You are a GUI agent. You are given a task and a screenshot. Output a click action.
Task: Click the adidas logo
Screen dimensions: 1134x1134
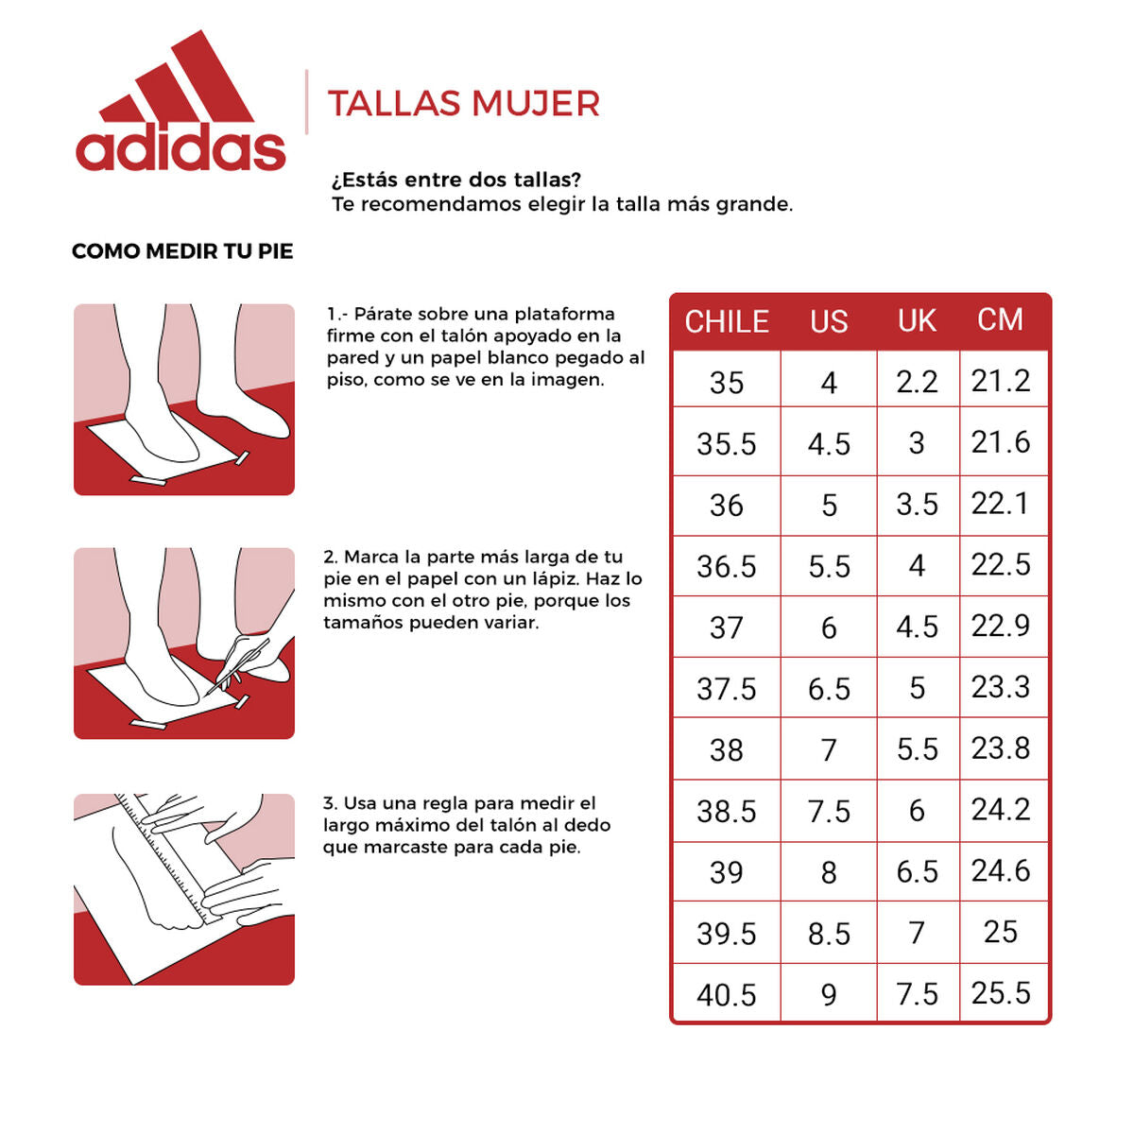click(180, 104)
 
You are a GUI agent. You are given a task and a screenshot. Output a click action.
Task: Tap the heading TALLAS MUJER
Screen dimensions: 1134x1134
click(463, 104)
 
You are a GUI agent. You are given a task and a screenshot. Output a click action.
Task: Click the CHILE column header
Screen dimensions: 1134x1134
click(727, 322)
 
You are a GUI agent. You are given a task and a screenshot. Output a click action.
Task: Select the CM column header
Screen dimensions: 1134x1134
click(1000, 320)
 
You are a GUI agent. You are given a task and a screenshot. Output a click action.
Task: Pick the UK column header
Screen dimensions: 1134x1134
click(917, 321)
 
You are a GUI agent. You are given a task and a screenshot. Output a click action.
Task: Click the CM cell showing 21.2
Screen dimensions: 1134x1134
click(1001, 381)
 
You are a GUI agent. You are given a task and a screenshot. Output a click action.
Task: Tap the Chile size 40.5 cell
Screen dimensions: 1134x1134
click(727, 994)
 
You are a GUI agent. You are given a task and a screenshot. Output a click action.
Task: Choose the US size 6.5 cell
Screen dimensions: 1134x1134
click(829, 689)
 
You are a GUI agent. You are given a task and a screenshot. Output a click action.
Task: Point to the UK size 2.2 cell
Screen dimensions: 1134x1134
click(917, 382)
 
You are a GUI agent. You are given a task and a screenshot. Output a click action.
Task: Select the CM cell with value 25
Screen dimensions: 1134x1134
click(1001, 932)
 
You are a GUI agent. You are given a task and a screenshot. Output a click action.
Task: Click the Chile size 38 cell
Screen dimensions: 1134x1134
click(727, 750)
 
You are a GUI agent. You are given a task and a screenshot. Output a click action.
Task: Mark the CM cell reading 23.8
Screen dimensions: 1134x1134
click(1001, 748)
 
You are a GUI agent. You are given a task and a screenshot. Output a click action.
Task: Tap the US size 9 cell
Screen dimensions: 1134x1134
click(829, 994)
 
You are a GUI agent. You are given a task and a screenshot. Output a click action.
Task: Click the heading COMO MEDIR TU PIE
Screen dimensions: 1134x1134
click(182, 251)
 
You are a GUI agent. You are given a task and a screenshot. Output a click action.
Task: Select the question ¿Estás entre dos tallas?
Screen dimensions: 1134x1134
click(456, 180)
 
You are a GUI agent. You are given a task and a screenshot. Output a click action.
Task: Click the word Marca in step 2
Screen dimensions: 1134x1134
click(371, 557)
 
